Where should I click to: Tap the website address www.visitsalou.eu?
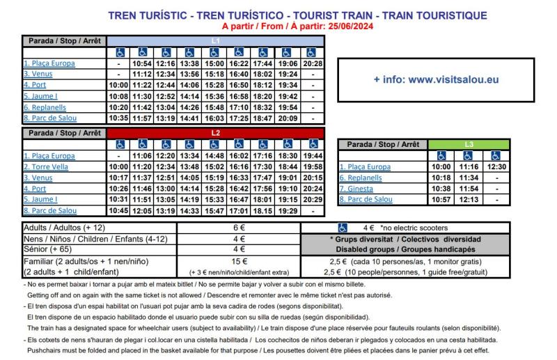[x=453, y=79]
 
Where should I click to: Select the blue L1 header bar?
[x=216, y=41]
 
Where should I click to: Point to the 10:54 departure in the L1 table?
[x=141, y=63]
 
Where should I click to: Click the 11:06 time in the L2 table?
[x=141, y=156]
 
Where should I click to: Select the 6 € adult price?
[x=239, y=228]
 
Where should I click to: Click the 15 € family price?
[x=239, y=260]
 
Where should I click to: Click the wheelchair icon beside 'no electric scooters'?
[x=343, y=228]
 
